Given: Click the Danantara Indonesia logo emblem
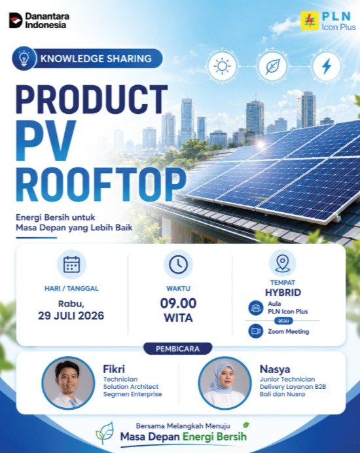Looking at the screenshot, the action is coord(16,20).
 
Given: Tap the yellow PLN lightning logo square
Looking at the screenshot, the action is coord(310,21).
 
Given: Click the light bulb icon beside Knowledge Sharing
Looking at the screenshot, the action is coord(24,58).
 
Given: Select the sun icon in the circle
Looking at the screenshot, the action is coord(222,66).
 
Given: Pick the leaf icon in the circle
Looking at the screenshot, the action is coord(273,66).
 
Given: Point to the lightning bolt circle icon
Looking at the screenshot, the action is coord(327,66).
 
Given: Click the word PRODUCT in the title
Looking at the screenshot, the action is coord(92,100).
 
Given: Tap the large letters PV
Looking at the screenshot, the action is coord(46,140).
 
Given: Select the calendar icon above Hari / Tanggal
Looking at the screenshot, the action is coord(71,264).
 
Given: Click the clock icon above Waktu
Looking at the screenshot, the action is coord(178,264).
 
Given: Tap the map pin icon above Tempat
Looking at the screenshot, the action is coord(283,263).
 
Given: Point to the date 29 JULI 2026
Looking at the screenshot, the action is coord(71,316).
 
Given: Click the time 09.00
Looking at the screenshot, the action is coord(178,303).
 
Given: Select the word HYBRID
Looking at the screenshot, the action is coord(283,293).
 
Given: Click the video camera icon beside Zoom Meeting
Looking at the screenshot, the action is coord(256,331).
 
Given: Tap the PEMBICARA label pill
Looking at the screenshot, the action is coord(177,349).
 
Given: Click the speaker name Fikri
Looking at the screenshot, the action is coord(114,369).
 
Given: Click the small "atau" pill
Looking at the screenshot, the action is coord(283,321).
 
